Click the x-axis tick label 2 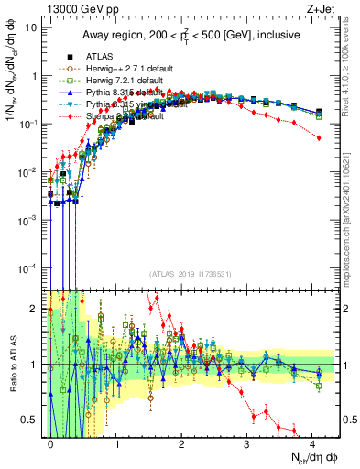181,443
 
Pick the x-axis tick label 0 51,443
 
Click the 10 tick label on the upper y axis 30,27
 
